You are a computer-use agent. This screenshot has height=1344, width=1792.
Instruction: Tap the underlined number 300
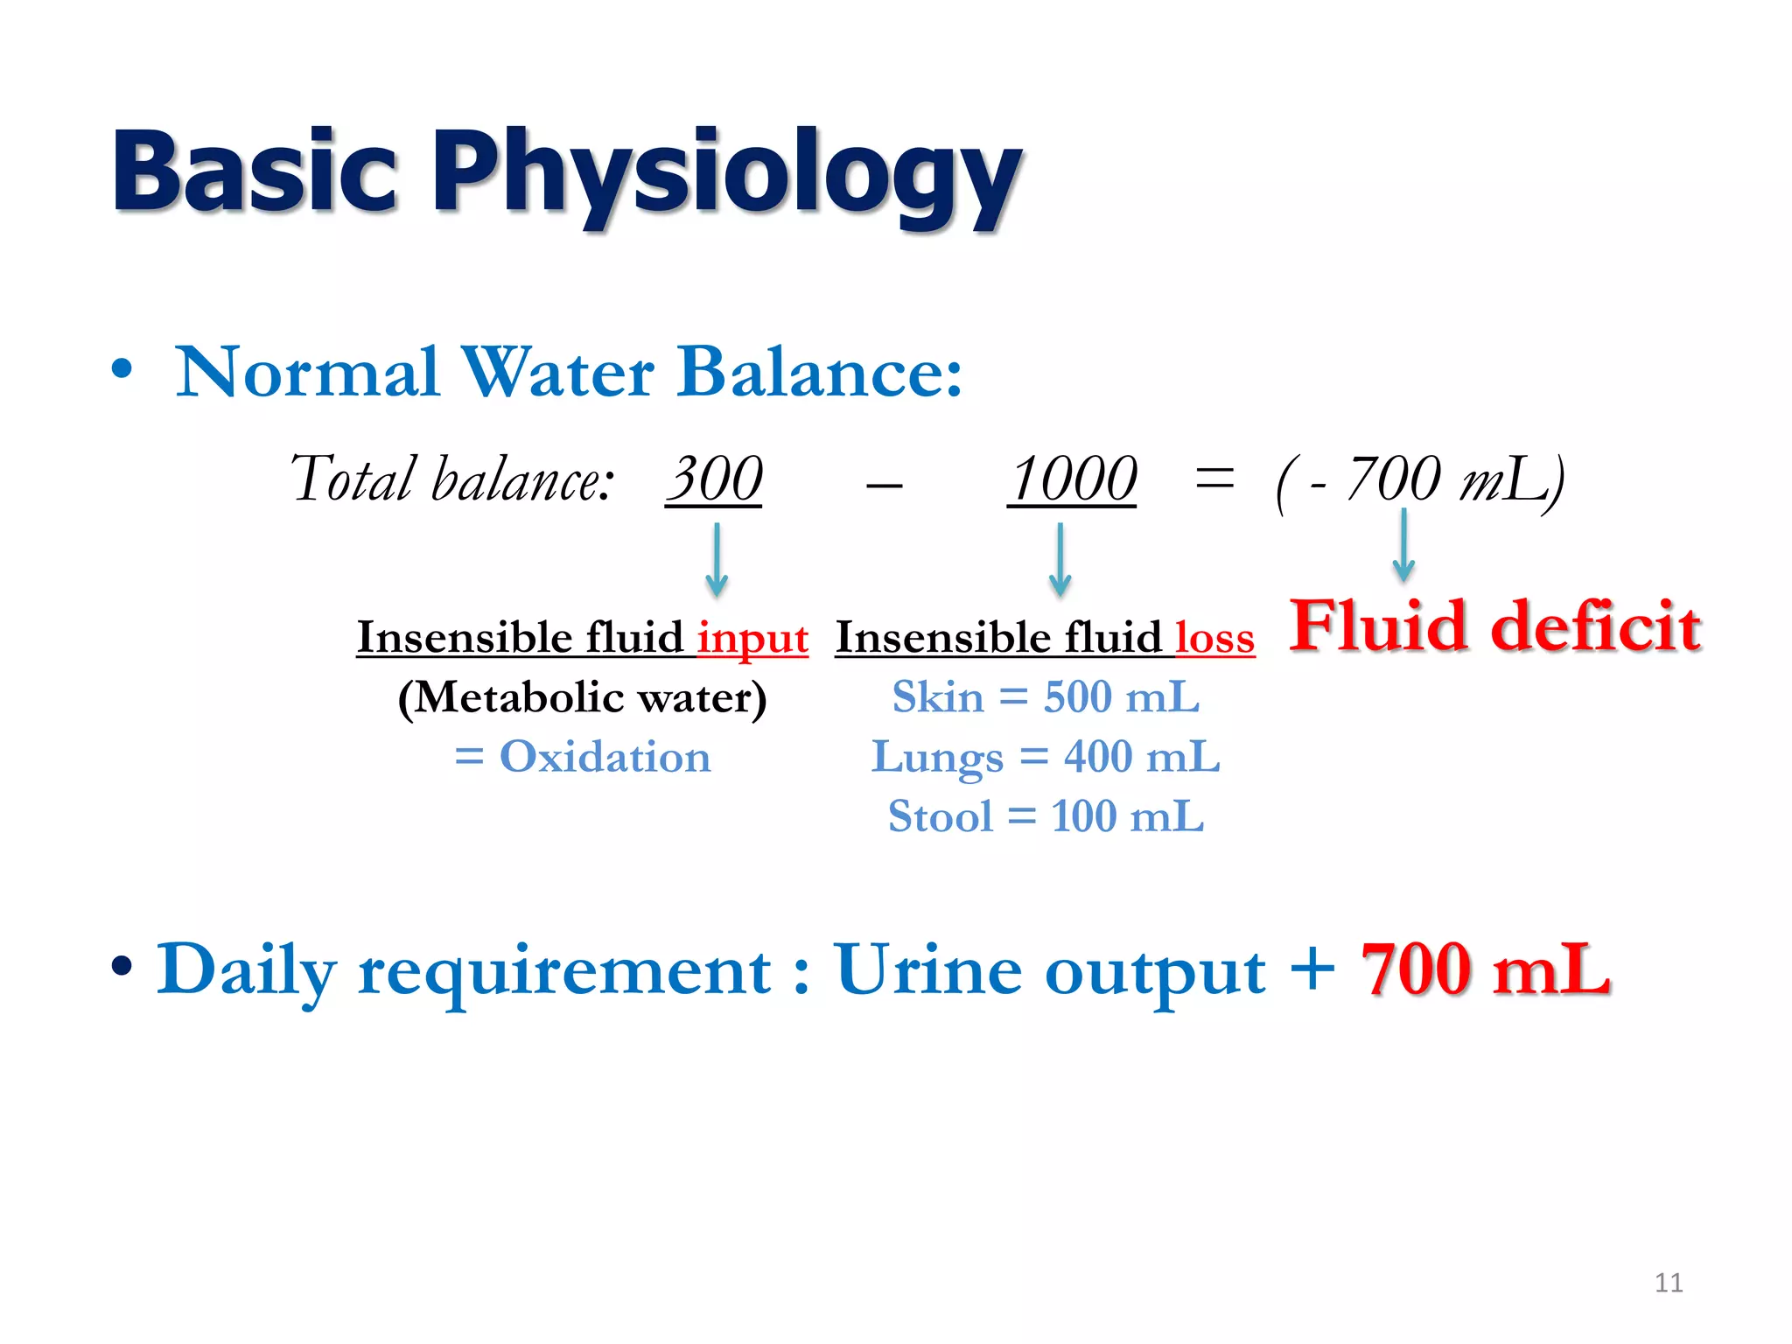[714, 479]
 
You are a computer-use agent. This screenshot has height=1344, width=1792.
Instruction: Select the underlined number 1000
[1073, 479]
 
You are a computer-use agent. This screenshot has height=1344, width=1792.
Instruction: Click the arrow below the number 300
[717, 560]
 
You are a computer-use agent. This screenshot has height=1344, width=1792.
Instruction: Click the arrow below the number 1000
[1060, 560]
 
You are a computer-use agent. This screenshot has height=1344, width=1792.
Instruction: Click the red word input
[752, 638]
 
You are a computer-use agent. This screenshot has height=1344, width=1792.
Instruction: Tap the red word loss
[1214, 638]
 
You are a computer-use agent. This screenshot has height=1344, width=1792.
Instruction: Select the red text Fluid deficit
[1494, 626]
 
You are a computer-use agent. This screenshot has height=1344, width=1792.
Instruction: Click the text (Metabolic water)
[582, 697]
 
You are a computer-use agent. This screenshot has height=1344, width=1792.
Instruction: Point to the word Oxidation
[605, 757]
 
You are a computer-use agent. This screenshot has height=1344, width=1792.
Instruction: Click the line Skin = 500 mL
[1046, 697]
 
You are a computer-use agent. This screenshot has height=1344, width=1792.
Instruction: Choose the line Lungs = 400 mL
[1046, 757]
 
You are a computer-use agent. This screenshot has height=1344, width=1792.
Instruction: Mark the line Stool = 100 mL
[1046, 816]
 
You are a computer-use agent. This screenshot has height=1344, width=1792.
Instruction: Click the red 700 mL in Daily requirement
[1485, 969]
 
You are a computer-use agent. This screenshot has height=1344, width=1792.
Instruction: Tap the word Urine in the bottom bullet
[927, 969]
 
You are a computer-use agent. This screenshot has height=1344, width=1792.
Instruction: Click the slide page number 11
[1669, 1283]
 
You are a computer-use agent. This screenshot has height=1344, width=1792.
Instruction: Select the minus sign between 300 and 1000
[884, 484]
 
